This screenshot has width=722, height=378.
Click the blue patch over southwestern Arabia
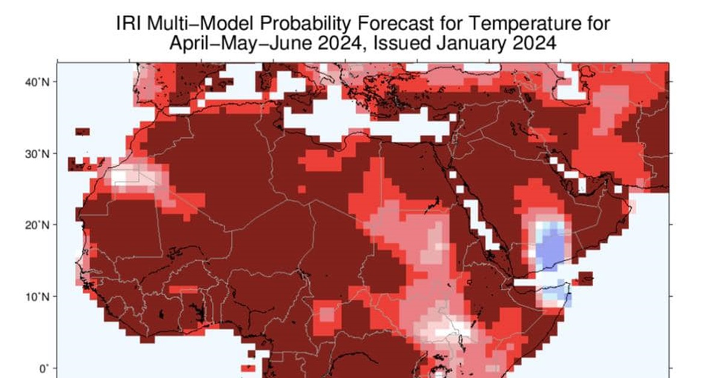[x=549, y=247]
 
